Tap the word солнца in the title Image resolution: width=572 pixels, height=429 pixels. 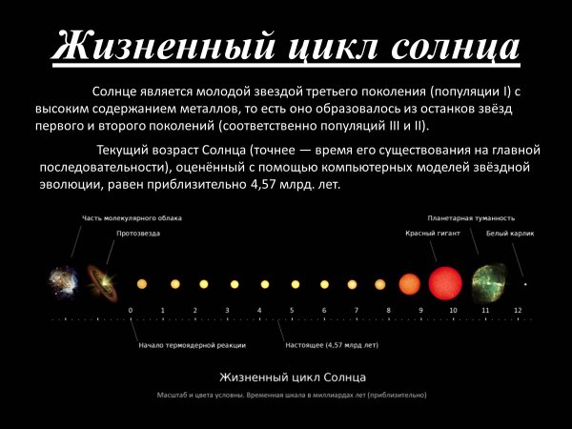[455, 46]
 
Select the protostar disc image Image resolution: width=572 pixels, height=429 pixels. [99, 282]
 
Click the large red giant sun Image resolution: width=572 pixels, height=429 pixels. [445, 283]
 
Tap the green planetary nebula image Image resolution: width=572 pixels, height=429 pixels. [486, 283]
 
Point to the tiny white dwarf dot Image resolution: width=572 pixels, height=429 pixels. [524, 284]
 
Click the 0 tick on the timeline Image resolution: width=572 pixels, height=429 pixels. [131, 312]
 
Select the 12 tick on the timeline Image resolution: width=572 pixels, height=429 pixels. [517, 312]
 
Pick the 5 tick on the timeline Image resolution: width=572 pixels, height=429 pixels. [292, 312]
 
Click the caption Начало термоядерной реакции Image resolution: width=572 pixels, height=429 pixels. [192, 344]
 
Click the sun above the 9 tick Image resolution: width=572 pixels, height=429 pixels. [409, 283]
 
